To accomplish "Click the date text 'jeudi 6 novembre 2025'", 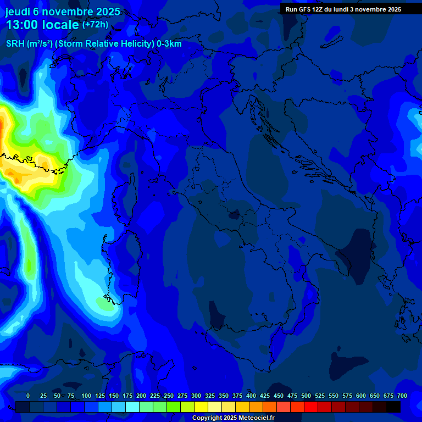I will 63,12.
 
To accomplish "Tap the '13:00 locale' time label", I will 43,25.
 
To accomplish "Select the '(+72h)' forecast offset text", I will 95,25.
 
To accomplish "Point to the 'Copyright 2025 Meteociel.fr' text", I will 233,418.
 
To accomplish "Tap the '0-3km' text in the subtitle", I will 169,44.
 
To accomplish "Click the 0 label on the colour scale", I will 28,396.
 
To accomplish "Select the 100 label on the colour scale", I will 86,396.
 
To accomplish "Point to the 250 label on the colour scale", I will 169,396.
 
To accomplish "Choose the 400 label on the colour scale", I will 251,396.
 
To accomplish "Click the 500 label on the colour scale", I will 306,396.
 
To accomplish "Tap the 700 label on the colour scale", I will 402,396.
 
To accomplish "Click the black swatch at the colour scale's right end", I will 393,407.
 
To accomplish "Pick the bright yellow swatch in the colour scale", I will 201,407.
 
